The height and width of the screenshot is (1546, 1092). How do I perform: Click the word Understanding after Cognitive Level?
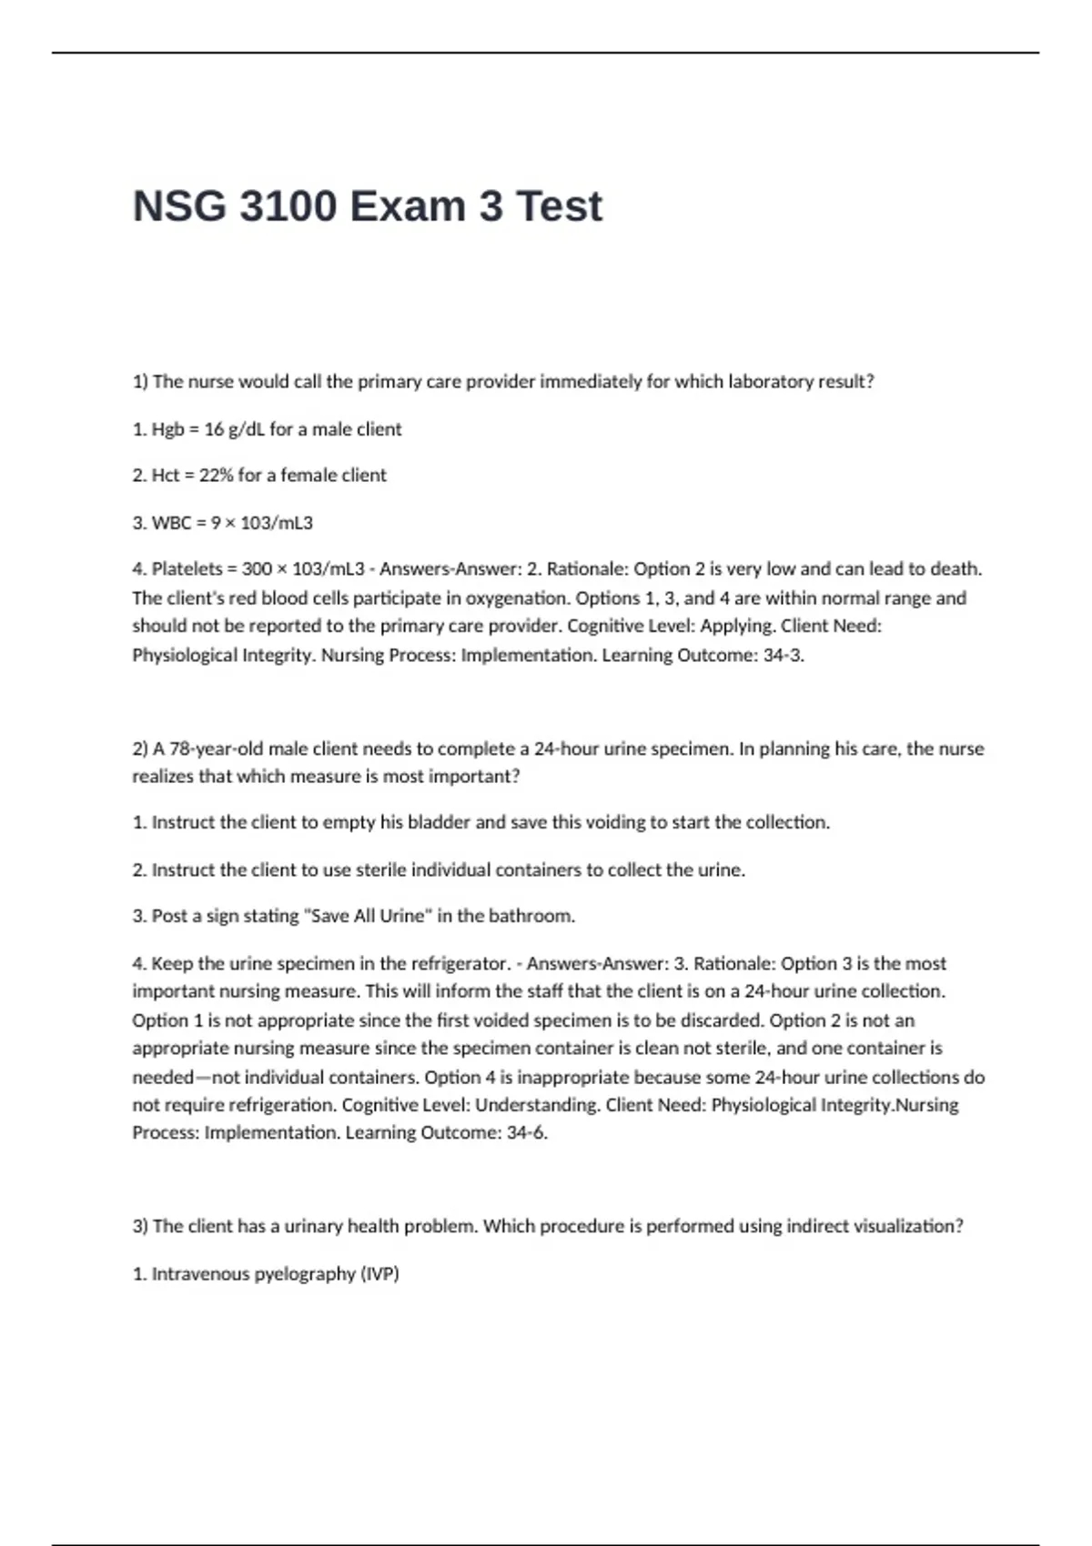(x=537, y=1105)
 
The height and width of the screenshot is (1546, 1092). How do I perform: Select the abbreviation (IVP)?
(x=379, y=1274)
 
